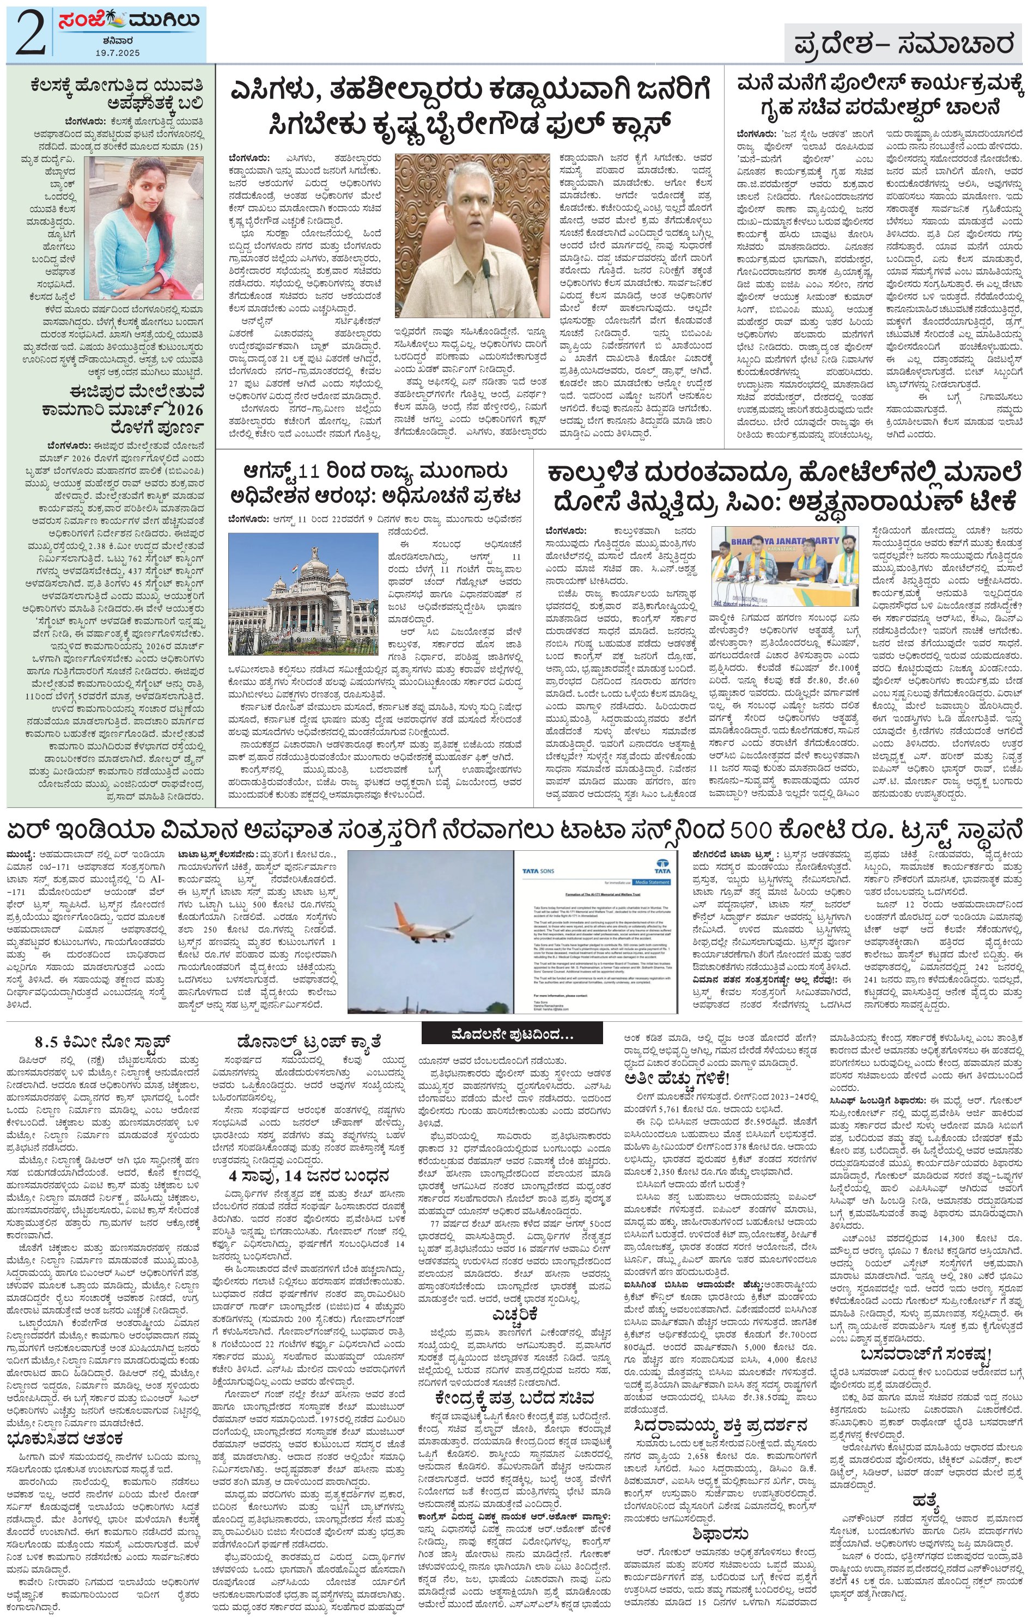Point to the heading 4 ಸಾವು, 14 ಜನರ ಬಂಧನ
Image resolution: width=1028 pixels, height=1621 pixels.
pos(309,1176)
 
